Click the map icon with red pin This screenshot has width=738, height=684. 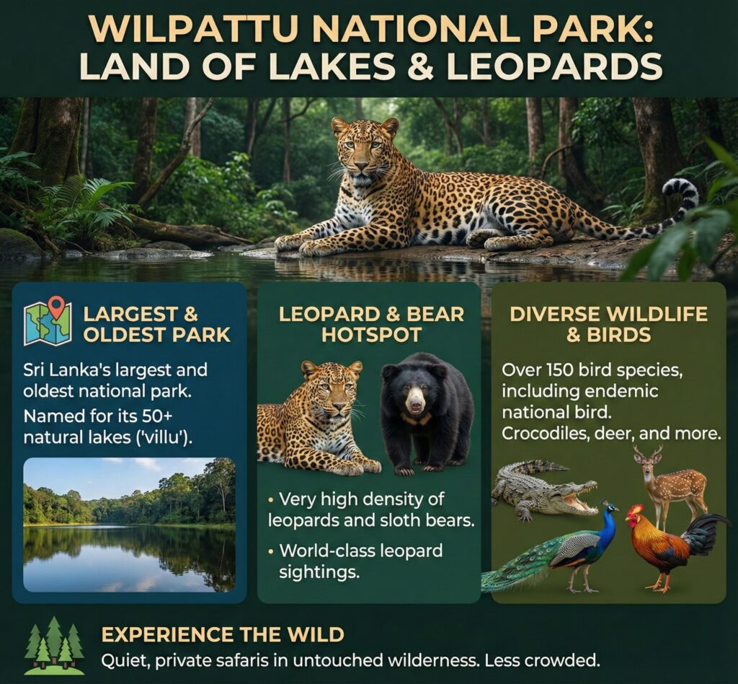[46, 322]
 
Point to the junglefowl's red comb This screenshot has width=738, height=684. [635, 509]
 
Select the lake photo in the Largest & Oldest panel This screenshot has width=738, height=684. [129, 524]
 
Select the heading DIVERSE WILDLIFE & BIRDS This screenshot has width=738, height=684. [608, 324]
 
